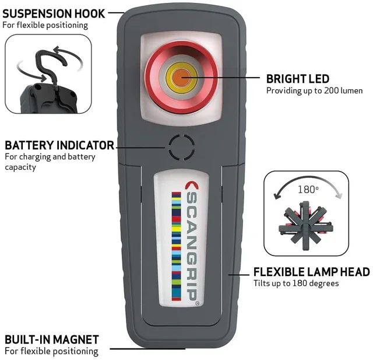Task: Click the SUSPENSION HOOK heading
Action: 54,13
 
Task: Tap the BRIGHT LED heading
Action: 298,79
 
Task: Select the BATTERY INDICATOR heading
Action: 59,145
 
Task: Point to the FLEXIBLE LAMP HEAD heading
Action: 312,272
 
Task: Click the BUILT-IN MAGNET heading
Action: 52,340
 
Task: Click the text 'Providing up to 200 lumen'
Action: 315,90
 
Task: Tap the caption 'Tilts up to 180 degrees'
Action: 296,284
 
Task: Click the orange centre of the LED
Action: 181,78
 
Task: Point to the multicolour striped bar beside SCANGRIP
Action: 176,246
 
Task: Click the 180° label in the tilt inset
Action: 308,190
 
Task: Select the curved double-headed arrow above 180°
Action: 308,177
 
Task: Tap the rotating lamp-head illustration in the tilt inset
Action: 305,225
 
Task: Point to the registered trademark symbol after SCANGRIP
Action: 197,303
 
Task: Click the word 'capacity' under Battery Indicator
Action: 20,167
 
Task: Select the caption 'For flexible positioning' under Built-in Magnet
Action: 51,351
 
